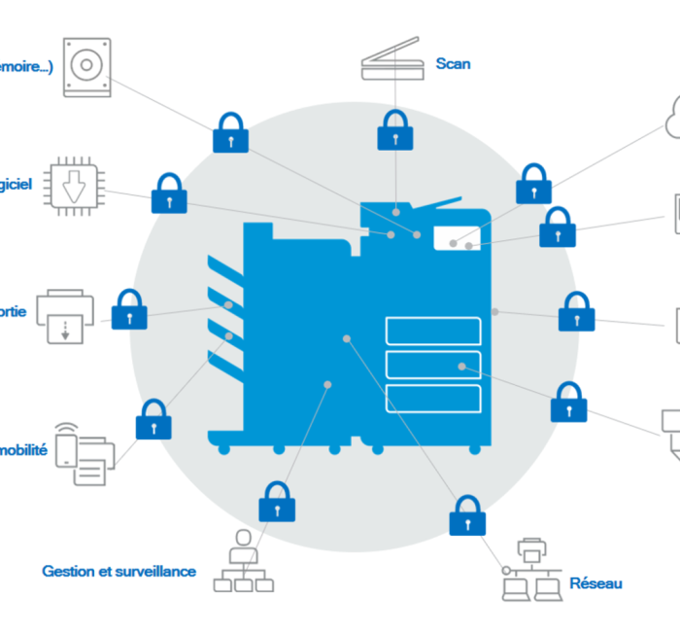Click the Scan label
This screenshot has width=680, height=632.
[453, 64]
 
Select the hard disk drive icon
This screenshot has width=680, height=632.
[86, 67]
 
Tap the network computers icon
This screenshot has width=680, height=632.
[529, 569]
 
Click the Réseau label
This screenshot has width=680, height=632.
[596, 583]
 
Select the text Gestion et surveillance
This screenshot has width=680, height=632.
[119, 572]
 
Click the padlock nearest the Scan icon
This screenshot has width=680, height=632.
[393, 130]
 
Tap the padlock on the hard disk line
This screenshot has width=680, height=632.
[230, 132]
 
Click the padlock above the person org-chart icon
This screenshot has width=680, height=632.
[277, 502]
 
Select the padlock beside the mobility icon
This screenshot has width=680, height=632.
[153, 420]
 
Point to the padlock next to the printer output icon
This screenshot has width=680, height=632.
[129, 309]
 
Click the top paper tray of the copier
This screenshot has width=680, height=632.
[433, 331]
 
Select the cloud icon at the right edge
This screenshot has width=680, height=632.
[671, 119]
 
